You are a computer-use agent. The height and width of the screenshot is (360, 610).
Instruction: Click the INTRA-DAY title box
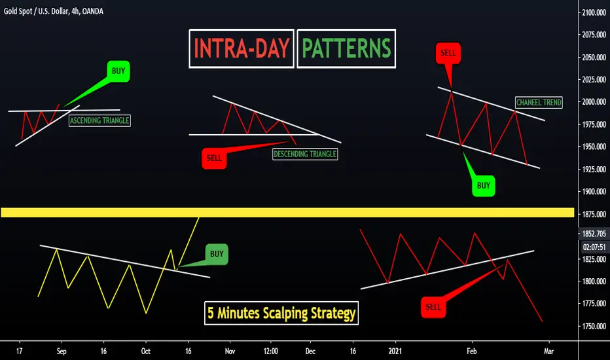(x=242, y=48)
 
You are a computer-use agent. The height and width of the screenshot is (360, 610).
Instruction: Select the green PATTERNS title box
(x=346, y=48)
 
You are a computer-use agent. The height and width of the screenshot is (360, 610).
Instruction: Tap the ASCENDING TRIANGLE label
(x=99, y=120)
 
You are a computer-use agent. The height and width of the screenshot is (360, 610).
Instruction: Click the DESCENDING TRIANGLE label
(x=305, y=154)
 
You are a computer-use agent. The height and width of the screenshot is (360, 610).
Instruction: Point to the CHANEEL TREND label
(x=539, y=102)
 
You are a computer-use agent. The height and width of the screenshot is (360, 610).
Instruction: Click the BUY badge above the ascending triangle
(x=118, y=71)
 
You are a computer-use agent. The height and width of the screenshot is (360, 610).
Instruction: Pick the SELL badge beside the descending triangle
(x=214, y=158)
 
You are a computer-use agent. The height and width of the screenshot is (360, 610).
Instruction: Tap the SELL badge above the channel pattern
(x=448, y=53)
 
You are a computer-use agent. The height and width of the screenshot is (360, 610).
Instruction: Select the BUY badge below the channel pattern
(x=483, y=186)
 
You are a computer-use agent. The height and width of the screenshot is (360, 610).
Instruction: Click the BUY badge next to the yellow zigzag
(x=217, y=254)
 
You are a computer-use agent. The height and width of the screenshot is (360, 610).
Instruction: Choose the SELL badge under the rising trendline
(x=433, y=307)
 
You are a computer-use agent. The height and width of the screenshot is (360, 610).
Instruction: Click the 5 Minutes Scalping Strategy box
(x=281, y=313)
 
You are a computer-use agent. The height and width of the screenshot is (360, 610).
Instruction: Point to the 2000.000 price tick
(x=594, y=101)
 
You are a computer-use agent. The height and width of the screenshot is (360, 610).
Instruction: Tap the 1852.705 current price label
(x=594, y=234)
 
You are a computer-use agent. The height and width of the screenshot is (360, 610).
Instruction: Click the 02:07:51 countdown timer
(x=594, y=247)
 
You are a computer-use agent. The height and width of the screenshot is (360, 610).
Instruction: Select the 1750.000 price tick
(x=594, y=326)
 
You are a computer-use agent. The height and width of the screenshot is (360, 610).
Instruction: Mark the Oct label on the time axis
(x=145, y=351)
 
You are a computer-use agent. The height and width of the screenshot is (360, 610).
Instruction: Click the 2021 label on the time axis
(x=395, y=351)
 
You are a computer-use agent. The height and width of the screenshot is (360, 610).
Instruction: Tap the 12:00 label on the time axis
(x=271, y=351)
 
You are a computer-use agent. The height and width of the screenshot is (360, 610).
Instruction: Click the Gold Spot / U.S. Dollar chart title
(x=53, y=11)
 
